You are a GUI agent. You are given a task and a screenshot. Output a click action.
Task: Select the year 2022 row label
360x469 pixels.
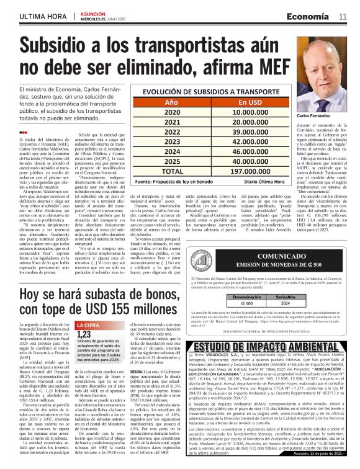(171, 133)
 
